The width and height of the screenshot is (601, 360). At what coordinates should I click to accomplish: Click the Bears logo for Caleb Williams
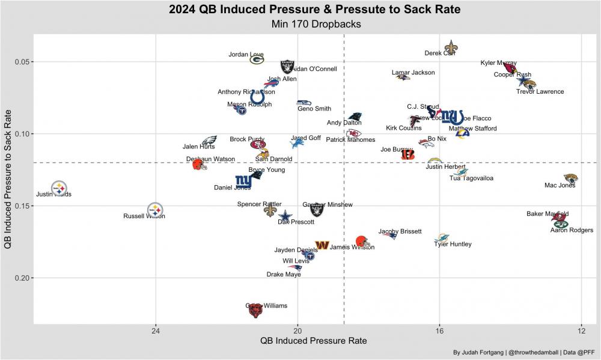255,311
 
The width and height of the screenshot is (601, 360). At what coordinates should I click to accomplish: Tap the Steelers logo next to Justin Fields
59,188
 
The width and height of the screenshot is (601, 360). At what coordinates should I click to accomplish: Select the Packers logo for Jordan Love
257,59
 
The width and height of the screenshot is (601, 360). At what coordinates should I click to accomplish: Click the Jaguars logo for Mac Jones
570,178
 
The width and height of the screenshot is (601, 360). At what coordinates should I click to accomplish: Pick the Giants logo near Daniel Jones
243,180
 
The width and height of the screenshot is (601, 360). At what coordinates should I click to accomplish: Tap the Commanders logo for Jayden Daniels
322,245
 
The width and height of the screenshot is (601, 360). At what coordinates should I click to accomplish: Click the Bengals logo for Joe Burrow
407,154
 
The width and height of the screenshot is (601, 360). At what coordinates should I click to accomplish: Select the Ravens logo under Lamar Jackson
403,77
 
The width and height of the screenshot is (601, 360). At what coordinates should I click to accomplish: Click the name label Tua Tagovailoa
472,178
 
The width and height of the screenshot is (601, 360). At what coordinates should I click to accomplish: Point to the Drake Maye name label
284,275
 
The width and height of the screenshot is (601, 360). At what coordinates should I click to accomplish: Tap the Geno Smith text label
314,109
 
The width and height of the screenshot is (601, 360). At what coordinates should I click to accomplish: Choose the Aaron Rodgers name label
572,230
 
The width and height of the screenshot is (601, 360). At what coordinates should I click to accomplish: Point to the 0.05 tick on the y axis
23,62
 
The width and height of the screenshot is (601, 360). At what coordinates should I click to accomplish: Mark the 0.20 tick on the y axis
23,278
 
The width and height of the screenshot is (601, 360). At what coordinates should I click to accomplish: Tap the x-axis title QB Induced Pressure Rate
313,341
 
